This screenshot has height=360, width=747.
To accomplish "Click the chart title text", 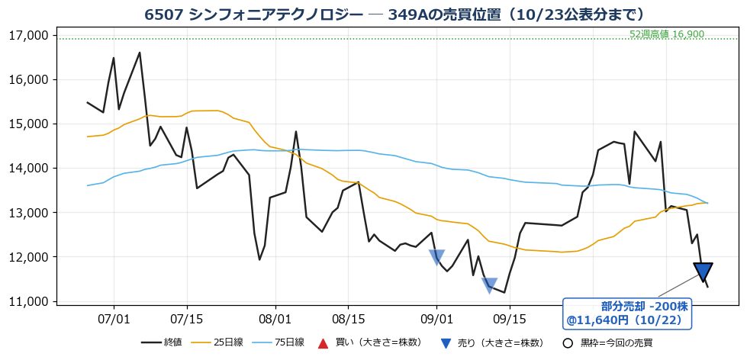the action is (394, 14).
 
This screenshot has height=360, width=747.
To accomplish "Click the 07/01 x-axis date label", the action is (114, 317).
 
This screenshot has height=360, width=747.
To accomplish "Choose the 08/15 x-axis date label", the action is (347, 317).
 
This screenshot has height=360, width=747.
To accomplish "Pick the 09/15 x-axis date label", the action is (509, 317).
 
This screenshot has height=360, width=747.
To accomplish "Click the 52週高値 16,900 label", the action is (666, 34).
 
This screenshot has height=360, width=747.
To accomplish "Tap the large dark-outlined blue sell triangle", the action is (704, 272).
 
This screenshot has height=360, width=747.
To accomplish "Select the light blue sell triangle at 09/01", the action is (437, 257).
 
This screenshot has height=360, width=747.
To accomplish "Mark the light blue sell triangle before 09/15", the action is (489, 284).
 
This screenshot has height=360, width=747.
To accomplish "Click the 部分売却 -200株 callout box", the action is (628, 313).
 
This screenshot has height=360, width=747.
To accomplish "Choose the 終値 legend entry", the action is (162, 342).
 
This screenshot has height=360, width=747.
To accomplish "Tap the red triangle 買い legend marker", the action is (323, 342).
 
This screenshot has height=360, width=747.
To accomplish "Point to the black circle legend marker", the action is (567, 343).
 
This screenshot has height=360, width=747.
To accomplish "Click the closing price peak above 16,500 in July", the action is (140, 53).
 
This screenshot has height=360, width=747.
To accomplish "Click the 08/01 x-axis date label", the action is (275, 317).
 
